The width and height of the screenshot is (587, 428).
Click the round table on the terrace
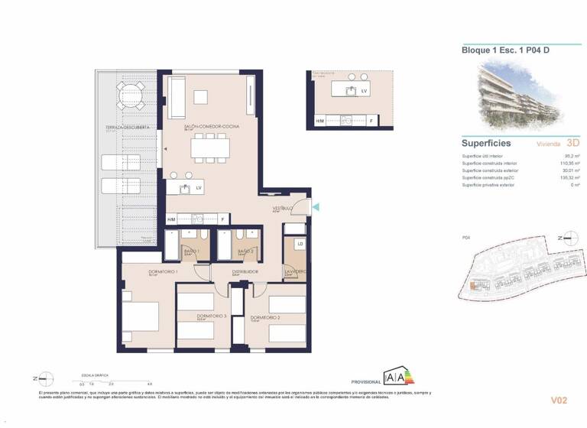(129, 97)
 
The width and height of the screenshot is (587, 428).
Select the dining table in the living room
(210, 145)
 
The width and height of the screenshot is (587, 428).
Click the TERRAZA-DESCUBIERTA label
(127, 127)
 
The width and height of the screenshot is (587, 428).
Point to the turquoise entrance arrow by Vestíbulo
(316, 206)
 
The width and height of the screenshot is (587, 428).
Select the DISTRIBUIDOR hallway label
(245, 271)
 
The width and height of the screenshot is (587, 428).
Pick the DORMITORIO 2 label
(264, 317)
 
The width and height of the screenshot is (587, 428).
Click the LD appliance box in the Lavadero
(300, 245)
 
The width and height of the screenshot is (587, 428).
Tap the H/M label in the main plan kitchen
(172, 220)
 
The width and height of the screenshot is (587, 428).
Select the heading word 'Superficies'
(486, 143)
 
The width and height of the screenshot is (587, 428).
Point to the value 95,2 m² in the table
(569, 155)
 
